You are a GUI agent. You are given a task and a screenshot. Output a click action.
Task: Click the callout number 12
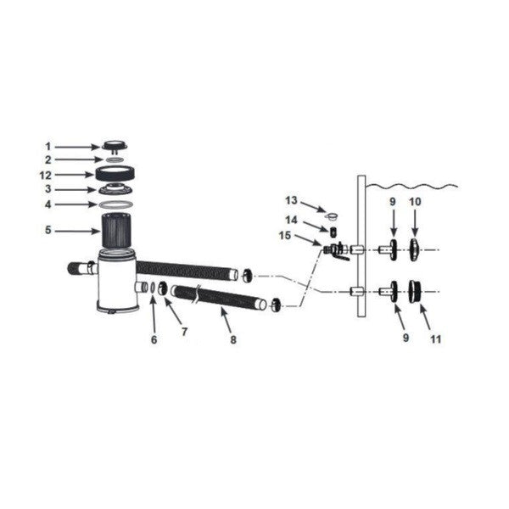pos(46,176)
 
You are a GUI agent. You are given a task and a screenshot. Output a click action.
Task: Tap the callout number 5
pos(48,230)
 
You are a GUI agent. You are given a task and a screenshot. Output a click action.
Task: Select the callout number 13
pos(291,200)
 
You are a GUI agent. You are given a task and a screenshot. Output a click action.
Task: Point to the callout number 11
pos(436,339)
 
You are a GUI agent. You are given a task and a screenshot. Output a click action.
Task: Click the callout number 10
pos(415,202)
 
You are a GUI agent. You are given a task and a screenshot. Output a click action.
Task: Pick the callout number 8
pos(233,339)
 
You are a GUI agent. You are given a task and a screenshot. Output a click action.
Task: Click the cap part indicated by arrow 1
pos(115,147)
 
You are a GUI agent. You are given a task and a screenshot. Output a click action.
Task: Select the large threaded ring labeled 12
pos(115,174)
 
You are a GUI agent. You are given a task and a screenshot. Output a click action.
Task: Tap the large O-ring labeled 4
pos(115,204)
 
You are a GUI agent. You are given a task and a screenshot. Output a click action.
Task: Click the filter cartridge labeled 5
pos(117,230)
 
